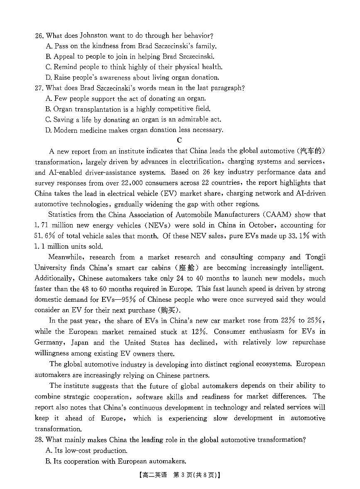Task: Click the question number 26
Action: point(39,36)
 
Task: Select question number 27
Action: point(39,88)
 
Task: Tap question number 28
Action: point(39,440)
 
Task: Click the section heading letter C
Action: point(179,141)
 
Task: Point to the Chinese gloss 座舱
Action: point(187,268)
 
